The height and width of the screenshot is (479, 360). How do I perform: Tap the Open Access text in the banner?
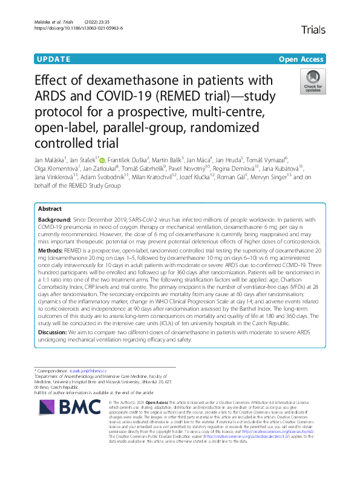(302, 59)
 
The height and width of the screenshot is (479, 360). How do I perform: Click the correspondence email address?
(88, 370)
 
